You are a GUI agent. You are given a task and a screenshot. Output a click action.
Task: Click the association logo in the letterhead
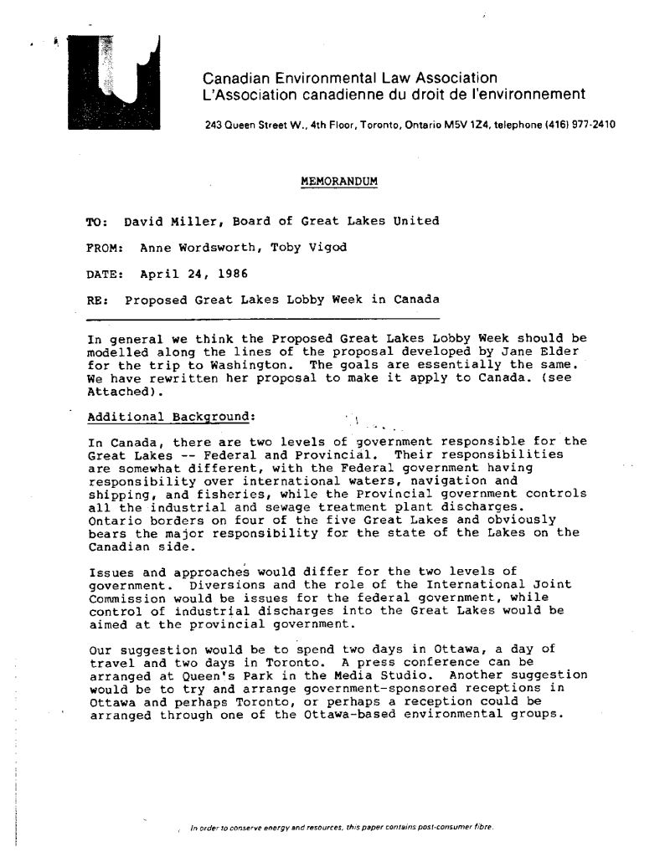click(x=115, y=87)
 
